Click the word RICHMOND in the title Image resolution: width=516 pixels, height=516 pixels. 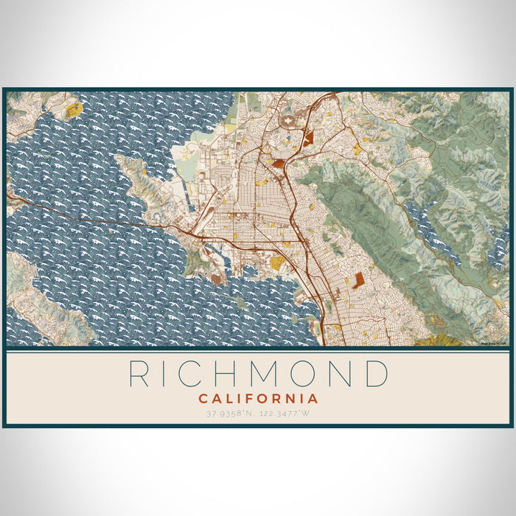click(258, 374)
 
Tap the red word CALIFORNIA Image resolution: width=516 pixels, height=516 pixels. click(258, 399)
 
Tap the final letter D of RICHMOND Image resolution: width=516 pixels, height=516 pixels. click(377, 374)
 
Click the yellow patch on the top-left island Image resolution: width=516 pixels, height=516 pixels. click(74, 111)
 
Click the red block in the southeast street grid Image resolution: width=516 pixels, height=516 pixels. click(359, 280)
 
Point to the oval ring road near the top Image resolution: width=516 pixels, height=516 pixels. click(290, 122)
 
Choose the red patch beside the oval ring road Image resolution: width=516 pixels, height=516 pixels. click(307, 136)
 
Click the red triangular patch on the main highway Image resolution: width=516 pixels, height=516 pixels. click(279, 163)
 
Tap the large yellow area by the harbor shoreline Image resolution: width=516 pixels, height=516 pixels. click(276, 262)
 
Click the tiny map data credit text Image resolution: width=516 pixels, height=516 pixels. click(495, 343)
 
